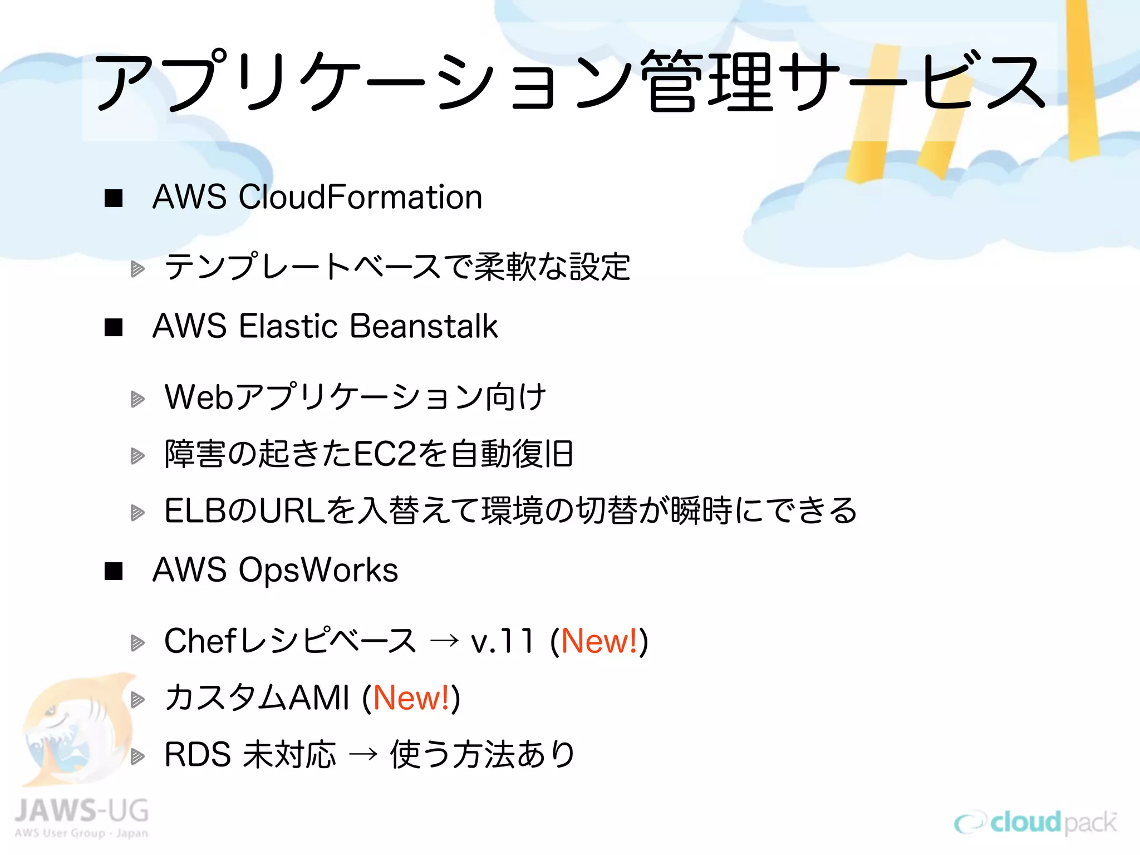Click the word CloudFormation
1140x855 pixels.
(360, 197)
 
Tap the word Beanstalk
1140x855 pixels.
(424, 326)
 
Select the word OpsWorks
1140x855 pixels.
(318, 570)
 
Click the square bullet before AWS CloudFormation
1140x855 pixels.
(114, 198)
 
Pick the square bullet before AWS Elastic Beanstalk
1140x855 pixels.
(114, 327)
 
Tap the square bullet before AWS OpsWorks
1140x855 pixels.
(114, 571)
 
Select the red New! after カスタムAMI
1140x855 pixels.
(411, 698)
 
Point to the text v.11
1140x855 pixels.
(501, 641)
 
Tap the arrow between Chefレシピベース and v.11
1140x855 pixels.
(444, 642)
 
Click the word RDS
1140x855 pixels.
(198, 755)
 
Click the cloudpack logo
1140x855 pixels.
(1035, 823)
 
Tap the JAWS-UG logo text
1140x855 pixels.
(81, 811)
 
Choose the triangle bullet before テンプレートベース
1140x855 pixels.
(137, 270)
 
